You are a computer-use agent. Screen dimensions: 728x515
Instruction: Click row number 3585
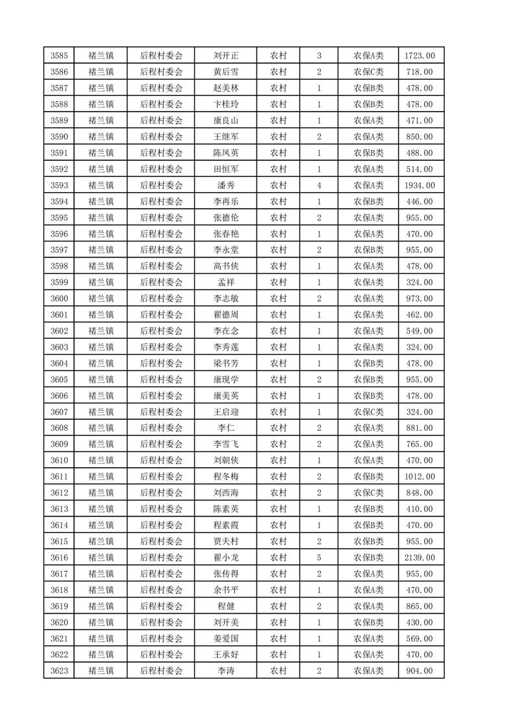[59, 56]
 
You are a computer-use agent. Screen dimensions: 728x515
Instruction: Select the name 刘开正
[225, 56]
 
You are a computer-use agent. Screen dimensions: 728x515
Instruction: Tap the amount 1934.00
[420, 186]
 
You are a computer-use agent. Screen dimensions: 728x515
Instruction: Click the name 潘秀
[225, 186]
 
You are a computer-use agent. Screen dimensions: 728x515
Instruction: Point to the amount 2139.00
[420, 557]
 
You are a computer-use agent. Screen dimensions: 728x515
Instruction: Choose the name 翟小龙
[225, 557]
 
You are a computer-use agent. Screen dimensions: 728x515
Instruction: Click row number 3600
[59, 298]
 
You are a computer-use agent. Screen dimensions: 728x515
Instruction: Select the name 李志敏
[225, 298]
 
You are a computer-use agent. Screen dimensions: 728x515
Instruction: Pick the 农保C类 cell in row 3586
[368, 72]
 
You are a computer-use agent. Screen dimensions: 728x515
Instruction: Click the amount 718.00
[420, 72]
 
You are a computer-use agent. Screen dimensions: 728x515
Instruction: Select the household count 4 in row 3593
[319, 186]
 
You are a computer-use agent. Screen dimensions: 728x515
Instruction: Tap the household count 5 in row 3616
[319, 557]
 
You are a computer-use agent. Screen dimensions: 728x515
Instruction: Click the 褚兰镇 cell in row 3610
[101, 461]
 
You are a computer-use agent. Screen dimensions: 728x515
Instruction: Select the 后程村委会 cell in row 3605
[162, 380]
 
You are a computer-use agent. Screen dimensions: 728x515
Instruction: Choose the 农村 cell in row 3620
[278, 622]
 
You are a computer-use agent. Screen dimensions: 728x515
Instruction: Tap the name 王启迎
[225, 412]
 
